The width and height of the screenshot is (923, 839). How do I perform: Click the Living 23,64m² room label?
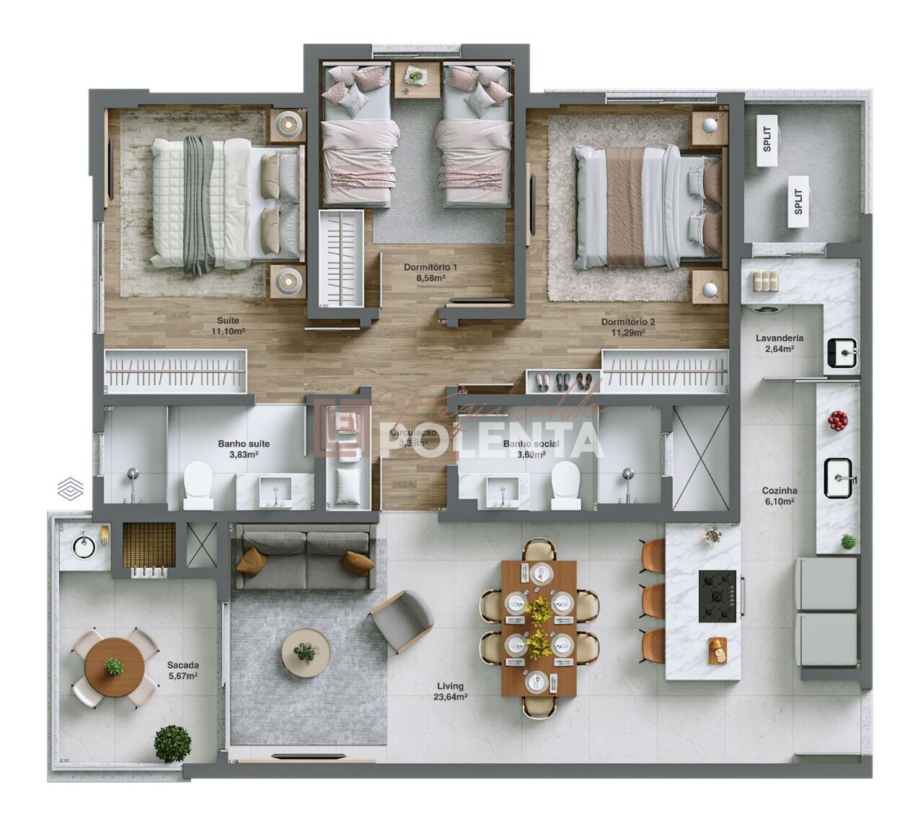click(x=451, y=691)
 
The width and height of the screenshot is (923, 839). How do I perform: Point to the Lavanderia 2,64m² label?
click(x=779, y=343)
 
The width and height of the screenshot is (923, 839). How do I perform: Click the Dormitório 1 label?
click(x=430, y=272)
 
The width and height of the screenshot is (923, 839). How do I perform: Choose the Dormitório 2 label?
click(x=628, y=327)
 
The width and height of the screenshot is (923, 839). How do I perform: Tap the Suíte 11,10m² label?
click(x=228, y=325)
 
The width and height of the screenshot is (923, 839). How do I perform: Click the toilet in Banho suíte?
click(x=198, y=485)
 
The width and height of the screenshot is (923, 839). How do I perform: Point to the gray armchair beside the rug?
click(x=402, y=620)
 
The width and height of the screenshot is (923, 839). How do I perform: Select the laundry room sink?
click(x=842, y=353)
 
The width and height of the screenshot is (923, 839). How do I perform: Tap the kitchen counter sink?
click(x=841, y=478)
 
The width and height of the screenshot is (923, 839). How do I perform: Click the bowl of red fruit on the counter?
click(x=837, y=420)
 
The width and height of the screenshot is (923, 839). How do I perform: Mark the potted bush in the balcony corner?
click(x=172, y=744)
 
